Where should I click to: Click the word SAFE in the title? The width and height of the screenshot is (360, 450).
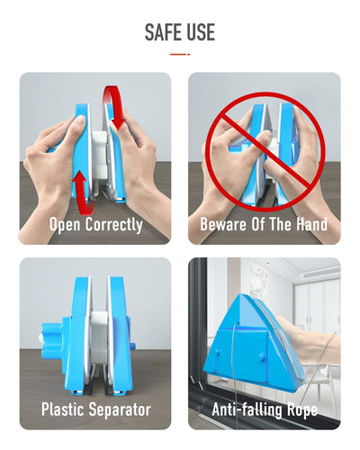point(163,32)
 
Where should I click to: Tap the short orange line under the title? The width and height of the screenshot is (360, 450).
point(180,54)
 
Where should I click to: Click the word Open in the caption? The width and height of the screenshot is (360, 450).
point(65,224)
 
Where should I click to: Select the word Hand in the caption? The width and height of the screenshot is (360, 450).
point(310,224)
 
